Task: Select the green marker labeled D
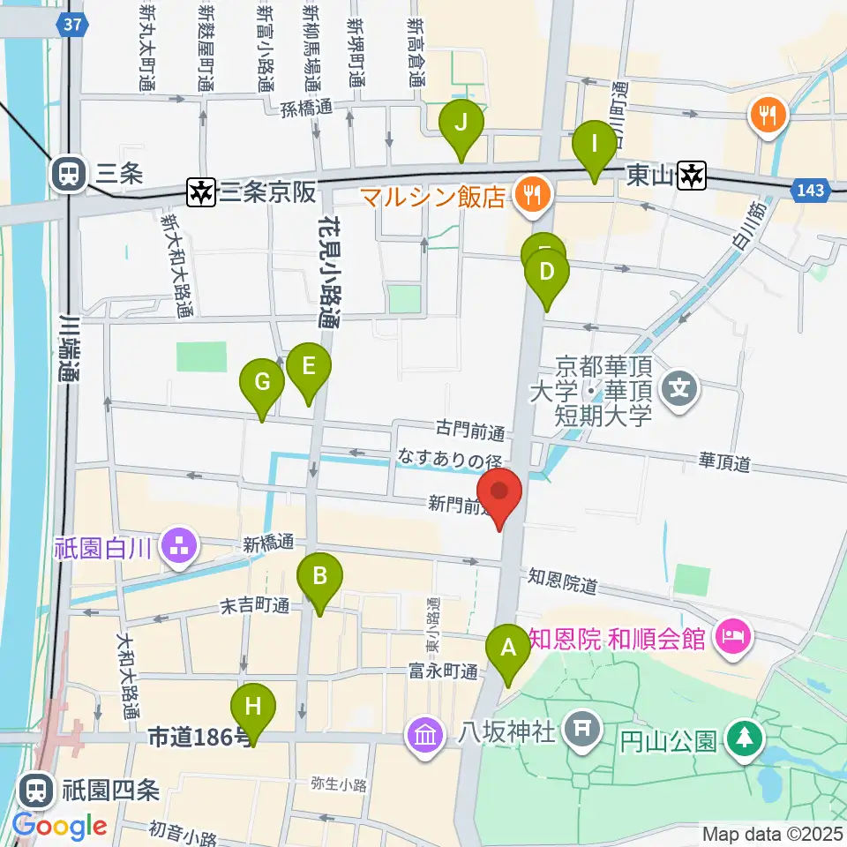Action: tap(546, 273)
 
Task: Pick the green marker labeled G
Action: tap(262, 383)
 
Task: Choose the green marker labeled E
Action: tap(308, 366)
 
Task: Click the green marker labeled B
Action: tap(320, 577)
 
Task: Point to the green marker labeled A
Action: tap(508, 649)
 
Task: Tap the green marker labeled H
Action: tap(253, 708)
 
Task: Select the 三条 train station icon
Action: tap(67, 174)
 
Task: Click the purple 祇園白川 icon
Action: tap(180, 545)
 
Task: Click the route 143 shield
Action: tap(813, 191)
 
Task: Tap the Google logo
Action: tap(59, 827)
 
